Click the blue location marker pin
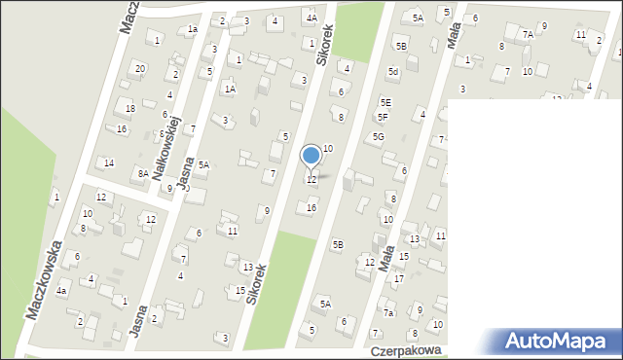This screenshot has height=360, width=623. (311, 157)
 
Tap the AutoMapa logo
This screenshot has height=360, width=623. (556, 341)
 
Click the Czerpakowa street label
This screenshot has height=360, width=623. (406, 348)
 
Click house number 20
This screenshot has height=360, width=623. (140, 68)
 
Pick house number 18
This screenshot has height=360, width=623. (129, 108)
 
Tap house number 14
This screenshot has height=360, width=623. (109, 162)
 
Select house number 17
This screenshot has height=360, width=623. (398, 279)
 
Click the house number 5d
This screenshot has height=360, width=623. (393, 71)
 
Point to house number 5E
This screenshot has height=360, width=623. (385, 102)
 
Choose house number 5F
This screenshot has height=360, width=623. (383, 118)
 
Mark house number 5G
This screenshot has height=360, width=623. (378, 137)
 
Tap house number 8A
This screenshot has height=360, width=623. (142, 173)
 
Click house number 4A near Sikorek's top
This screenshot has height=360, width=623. (311, 18)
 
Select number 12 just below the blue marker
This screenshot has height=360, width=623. (311, 180)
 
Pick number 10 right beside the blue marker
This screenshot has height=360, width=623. (328, 148)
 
